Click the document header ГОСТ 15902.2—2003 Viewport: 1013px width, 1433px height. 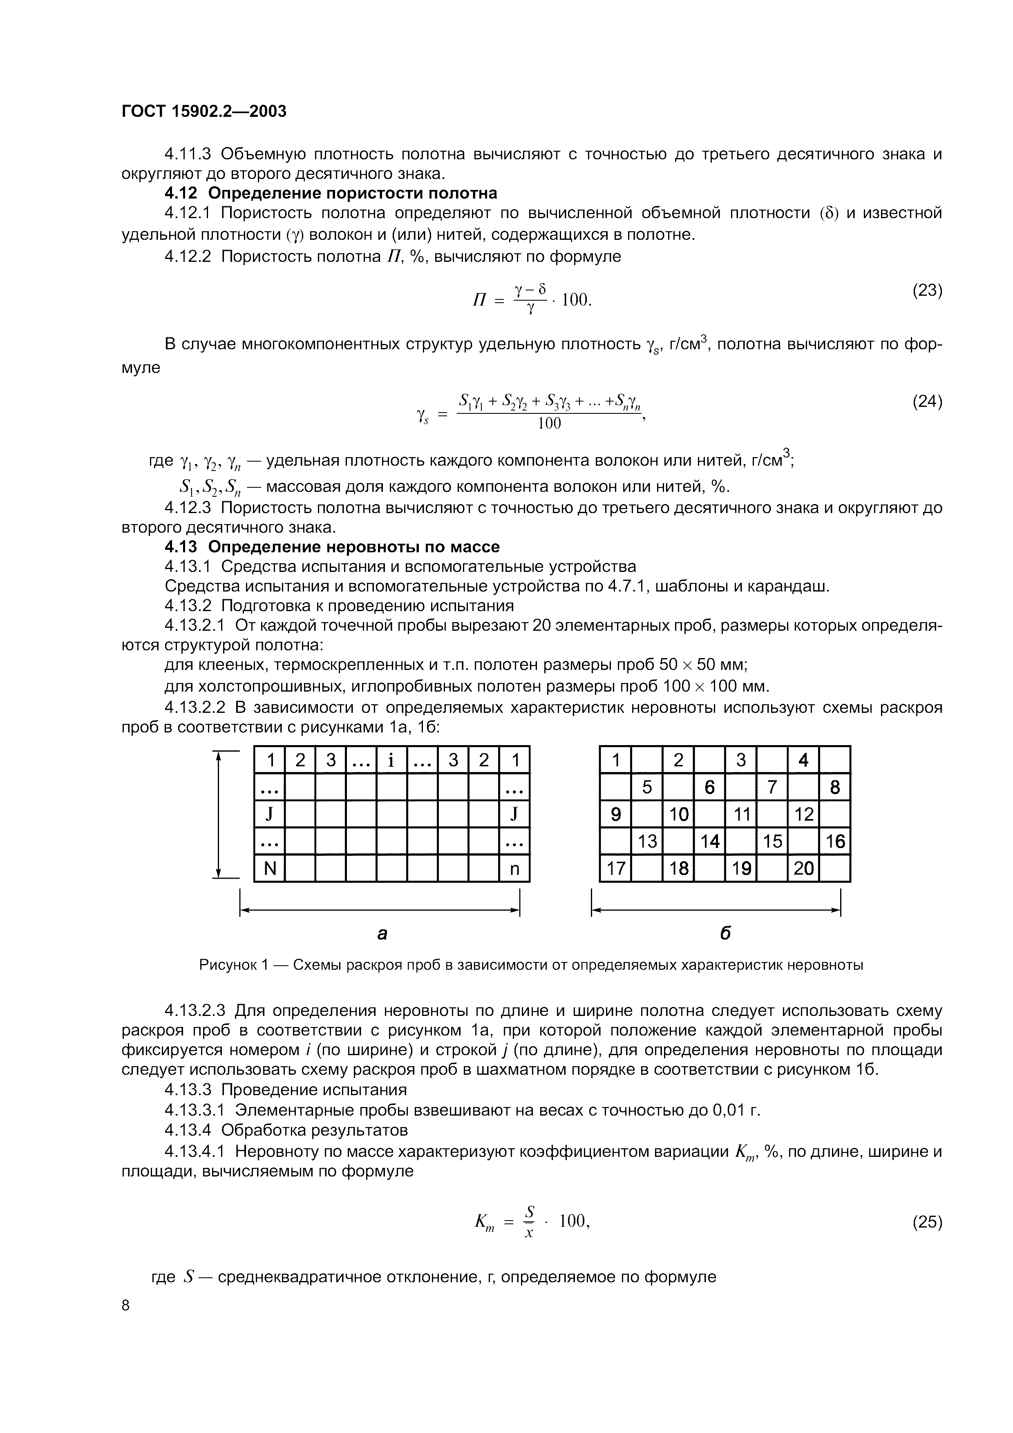[x=203, y=111]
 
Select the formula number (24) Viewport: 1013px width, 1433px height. [x=926, y=401]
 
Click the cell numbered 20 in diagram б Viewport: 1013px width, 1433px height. [x=803, y=868]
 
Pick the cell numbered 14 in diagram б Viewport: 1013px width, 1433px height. [x=710, y=841]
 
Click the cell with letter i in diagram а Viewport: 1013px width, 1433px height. [x=391, y=760]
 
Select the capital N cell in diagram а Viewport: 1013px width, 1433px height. [x=270, y=868]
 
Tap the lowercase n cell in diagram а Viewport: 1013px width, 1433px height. [x=514, y=868]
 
